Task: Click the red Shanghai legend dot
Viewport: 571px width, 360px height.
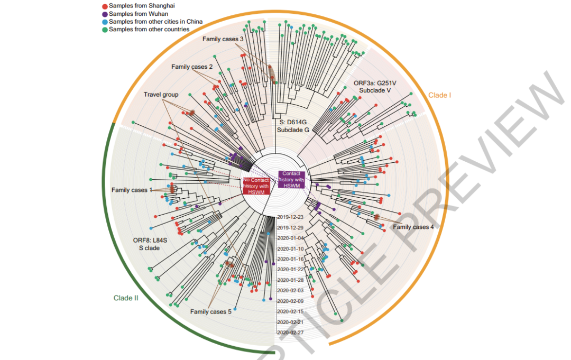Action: click(104, 5)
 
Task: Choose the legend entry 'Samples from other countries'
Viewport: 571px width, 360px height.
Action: click(149, 30)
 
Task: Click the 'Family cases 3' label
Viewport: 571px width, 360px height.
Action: click(223, 40)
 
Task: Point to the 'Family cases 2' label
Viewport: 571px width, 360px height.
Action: click(192, 67)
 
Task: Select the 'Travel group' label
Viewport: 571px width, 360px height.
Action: click(161, 95)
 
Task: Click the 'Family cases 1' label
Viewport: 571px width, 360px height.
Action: click(132, 190)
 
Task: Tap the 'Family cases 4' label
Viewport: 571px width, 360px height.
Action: click(413, 227)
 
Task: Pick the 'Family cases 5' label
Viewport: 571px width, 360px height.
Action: click(210, 312)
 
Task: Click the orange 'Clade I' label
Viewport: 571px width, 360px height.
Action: click(439, 96)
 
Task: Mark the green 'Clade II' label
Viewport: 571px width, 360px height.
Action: click(126, 298)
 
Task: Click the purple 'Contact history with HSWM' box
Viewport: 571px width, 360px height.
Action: click(292, 179)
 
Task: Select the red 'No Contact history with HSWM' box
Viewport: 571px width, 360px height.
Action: click(256, 186)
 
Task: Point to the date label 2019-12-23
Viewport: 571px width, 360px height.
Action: click(290, 217)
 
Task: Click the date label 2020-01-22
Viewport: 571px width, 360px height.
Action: click(290, 270)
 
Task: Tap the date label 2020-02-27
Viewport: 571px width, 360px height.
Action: click(290, 333)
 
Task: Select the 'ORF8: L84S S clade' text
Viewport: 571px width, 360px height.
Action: click(150, 244)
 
